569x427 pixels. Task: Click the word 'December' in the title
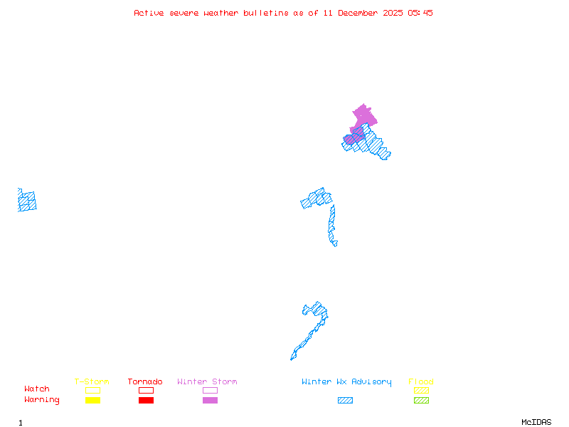[361, 13]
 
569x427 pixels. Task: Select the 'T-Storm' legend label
[92, 381]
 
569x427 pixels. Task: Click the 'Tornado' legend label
[145, 381]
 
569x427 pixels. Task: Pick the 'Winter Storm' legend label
[207, 381]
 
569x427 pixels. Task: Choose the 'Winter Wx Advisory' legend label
[346, 381]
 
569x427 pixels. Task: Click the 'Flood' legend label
[421, 381]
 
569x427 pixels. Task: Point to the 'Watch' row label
[37, 389]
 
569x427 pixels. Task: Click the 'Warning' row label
[42, 400]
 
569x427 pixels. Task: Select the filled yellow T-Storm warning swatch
[92, 400]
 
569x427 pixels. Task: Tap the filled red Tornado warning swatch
[146, 400]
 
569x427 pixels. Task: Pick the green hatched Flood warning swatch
[421, 400]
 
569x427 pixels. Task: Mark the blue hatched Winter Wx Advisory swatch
[345, 400]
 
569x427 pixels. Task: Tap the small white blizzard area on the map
[339, 243]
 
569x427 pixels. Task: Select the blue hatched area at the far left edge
[27, 201]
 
